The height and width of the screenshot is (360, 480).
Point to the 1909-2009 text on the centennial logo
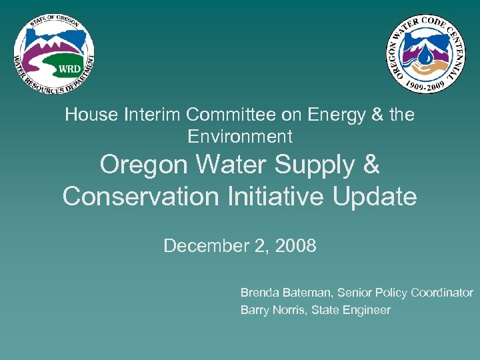tap(427, 85)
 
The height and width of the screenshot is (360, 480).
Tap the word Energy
tap(333, 115)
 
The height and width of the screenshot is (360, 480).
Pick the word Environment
tap(240, 137)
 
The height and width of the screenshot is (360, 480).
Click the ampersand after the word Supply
tap(370, 165)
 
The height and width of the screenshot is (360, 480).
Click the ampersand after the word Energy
tap(377, 115)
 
